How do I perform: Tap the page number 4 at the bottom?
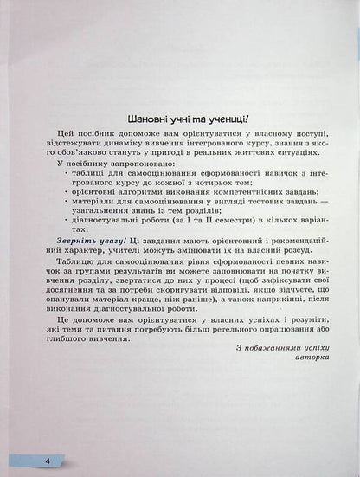coord(48,461)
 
